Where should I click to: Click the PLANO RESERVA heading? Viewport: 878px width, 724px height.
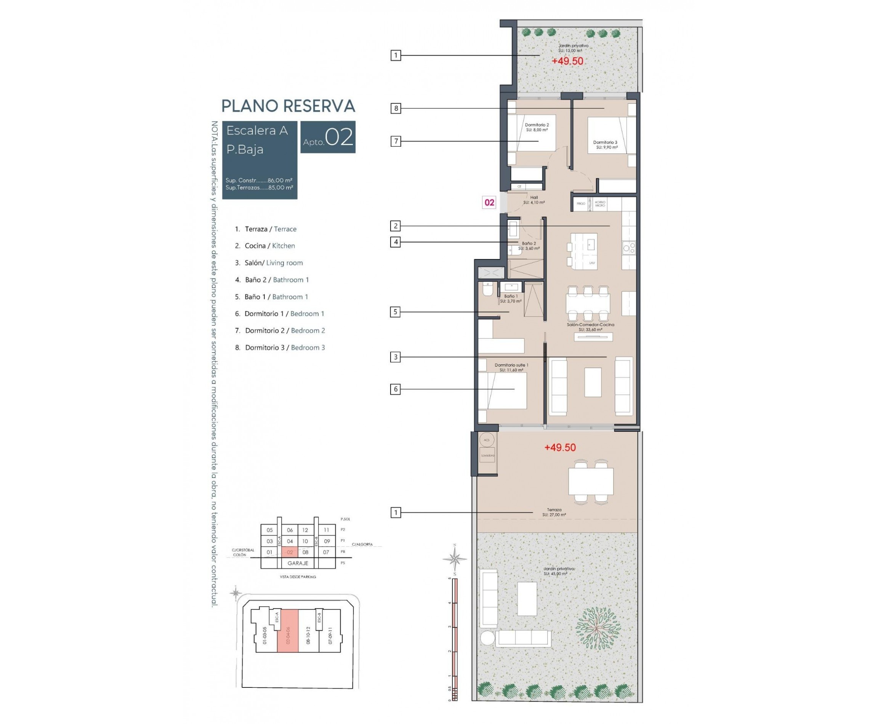(288, 106)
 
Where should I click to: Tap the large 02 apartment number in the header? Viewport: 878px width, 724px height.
(339, 137)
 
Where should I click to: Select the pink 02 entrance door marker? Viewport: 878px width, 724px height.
(489, 203)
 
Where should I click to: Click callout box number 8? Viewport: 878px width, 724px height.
(396, 109)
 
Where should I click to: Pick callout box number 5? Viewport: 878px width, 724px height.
(395, 312)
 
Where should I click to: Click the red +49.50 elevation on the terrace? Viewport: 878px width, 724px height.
(560, 447)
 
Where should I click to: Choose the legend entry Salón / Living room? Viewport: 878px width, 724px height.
(273, 263)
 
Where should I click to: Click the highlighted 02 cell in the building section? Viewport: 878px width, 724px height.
(290, 552)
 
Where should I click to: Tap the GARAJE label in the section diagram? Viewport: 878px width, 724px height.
(298, 563)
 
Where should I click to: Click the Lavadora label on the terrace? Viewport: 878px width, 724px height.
(487, 455)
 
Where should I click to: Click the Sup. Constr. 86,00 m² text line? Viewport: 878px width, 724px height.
(259, 181)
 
